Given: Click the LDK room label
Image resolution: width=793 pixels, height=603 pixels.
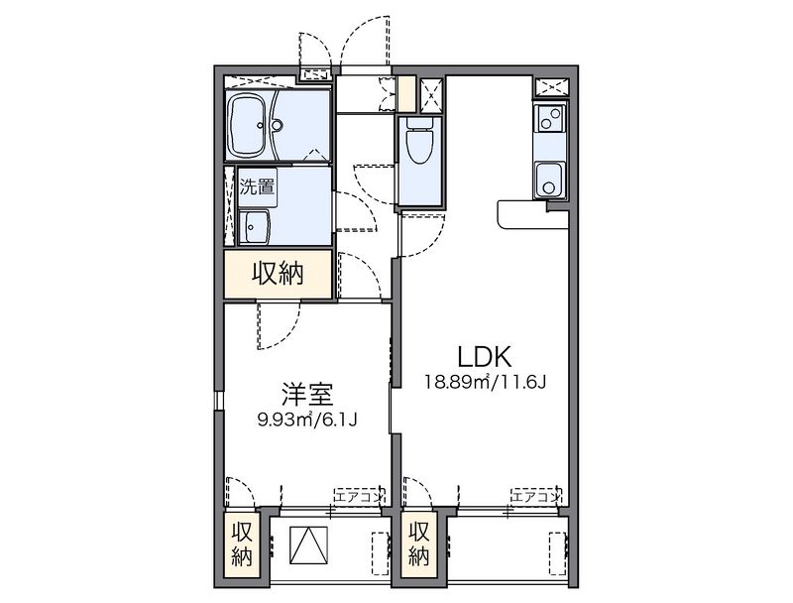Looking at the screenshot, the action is (x=485, y=357).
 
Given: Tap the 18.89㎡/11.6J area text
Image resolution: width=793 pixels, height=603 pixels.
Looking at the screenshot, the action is (x=485, y=382).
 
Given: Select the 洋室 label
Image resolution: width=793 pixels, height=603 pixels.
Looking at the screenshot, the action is (x=307, y=395).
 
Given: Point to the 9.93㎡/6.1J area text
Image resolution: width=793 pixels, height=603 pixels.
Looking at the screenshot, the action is (x=307, y=420).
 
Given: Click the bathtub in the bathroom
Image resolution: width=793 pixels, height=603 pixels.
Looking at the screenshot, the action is (x=248, y=125).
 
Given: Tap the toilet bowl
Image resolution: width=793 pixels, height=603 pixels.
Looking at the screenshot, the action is (x=419, y=141).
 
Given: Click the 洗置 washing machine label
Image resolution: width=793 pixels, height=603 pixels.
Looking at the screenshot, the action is (x=257, y=187).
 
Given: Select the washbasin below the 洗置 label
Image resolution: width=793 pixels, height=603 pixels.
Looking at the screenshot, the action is (x=255, y=227).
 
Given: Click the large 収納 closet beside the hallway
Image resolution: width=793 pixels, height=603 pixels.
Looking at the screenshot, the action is (x=279, y=274).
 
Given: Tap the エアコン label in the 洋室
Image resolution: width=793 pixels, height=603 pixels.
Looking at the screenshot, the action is (x=360, y=496).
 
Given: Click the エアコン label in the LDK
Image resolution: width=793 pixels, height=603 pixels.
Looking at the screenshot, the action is (x=536, y=496).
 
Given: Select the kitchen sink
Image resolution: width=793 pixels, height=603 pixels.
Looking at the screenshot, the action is (x=550, y=181).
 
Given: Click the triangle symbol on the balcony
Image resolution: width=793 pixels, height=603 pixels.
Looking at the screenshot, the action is (x=308, y=544).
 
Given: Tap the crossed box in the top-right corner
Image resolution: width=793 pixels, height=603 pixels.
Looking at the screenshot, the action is (x=552, y=87).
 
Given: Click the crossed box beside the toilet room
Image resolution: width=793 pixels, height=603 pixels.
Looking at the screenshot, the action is (x=431, y=94).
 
